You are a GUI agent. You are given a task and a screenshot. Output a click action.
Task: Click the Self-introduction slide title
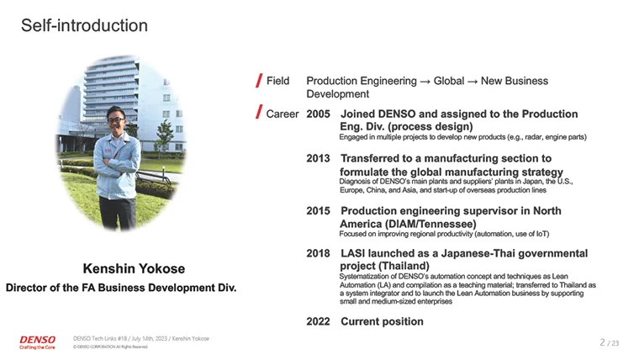(84, 25)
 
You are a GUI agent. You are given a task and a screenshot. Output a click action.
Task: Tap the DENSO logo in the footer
(37, 342)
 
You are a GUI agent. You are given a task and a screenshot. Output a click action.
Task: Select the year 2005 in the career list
(318, 114)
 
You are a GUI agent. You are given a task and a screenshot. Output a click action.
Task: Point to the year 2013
(318, 158)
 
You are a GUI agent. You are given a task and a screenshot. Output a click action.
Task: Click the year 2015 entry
(318, 211)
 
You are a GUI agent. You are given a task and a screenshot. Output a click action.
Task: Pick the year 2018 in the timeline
(318, 253)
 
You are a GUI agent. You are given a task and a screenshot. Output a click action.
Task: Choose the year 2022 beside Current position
(318, 321)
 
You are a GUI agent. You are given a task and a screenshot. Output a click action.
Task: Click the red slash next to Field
(259, 80)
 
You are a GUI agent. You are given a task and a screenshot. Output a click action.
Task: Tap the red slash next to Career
(259, 111)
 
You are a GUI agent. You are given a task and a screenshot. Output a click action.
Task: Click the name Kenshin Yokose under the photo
(134, 268)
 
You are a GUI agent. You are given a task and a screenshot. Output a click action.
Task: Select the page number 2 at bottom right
(602, 342)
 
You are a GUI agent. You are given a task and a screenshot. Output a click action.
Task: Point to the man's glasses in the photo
(116, 120)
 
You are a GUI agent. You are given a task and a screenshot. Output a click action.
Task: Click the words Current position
(382, 321)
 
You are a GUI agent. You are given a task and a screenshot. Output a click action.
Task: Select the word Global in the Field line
(449, 81)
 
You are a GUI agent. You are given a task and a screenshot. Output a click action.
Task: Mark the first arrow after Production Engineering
(425, 82)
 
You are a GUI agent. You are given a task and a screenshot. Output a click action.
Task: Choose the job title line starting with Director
(121, 288)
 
